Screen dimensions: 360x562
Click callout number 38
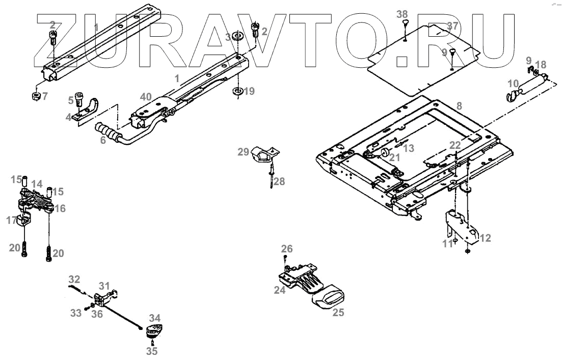pos(403,14)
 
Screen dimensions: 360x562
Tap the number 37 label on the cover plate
pos(452,26)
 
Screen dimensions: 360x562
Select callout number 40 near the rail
pos(146,97)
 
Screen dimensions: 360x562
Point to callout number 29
pos(244,151)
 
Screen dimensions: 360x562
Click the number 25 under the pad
pos(338,313)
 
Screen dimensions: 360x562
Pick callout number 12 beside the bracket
pos(485,238)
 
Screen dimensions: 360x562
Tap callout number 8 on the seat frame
pos(459,107)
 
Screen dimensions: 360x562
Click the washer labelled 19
pos(237,91)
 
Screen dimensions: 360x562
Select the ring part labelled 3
pos(236,37)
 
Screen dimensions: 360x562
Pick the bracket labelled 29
pos(263,153)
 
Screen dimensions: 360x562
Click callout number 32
pos(74,279)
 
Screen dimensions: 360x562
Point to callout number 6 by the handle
pos(103,139)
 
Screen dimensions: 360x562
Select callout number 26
pos(287,249)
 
